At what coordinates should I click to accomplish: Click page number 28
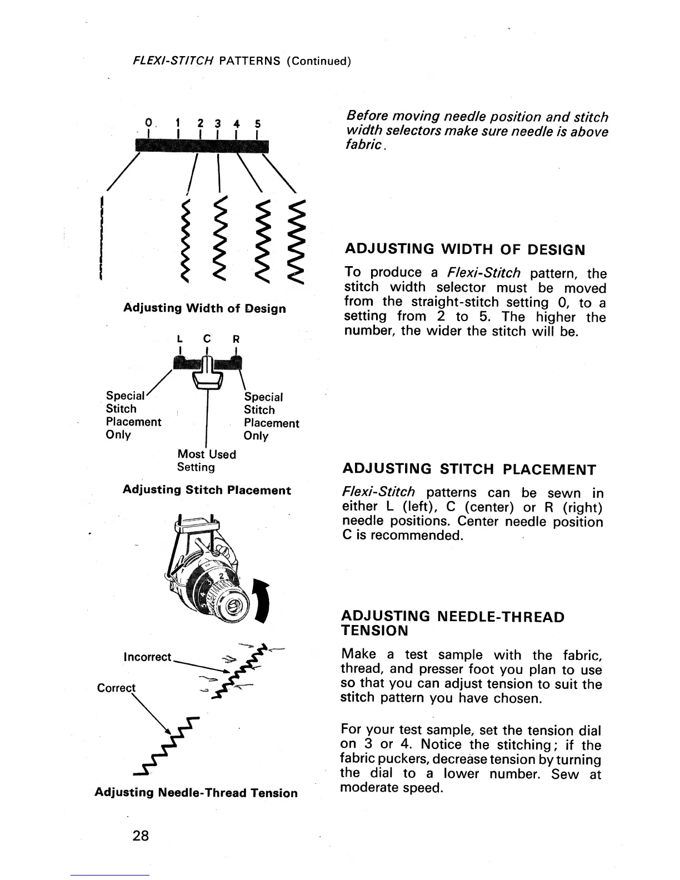tap(141, 835)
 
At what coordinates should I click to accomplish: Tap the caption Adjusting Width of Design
tap(204, 308)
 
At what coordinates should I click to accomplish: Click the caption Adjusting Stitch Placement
tap(206, 490)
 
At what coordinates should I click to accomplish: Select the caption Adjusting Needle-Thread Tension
tap(196, 793)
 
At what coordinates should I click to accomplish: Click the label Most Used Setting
tap(206, 461)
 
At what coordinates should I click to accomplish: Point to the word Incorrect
tap(148, 657)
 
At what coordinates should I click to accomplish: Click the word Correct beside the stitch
tap(116, 688)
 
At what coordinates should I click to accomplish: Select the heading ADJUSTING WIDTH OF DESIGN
tap(464, 249)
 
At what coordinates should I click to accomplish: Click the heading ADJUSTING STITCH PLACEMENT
tap(469, 469)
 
